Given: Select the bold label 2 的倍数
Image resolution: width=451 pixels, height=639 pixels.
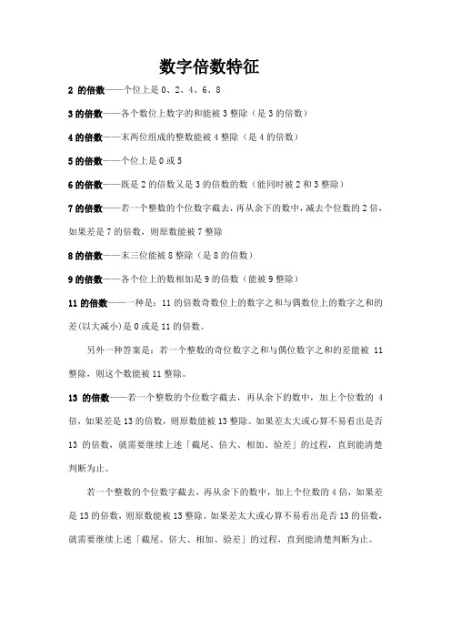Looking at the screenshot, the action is [x=88, y=93].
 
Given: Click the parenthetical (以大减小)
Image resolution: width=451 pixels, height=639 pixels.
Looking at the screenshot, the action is [x=97, y=325].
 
